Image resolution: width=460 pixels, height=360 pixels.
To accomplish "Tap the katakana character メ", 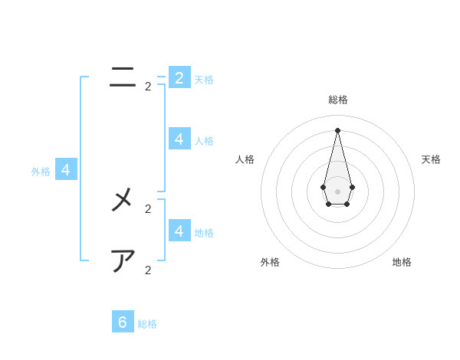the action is pyautogui.click(x=123, y=200).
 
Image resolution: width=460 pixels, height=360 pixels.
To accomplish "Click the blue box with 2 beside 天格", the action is pyautogui.click(x=179, y=77).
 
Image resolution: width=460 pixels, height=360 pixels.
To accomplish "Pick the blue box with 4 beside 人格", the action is pyautogui.click(x=179, y=139).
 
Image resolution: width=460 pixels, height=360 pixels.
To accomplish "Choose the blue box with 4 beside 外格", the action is pyautogui.click(x=66, y=170).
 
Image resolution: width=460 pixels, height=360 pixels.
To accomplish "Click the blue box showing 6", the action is pyautogui.click(x=123, y=322).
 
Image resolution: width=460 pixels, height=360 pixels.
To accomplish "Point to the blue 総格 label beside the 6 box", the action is pyautogui.click(x=147, y=324).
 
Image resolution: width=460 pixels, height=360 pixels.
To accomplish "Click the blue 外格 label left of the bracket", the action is pyautogui.click(x=41, y=172).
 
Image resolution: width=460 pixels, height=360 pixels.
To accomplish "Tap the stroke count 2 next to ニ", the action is pyautogui.click(x=148, y=87).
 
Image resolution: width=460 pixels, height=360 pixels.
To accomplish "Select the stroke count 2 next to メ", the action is pyautogui.click(x=148, y=208).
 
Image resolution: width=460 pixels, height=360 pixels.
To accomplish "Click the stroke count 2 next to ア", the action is pyautogui.click(x=148, y=270).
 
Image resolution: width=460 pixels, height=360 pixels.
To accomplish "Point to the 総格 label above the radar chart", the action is pyautogui.click(x=338, y=100).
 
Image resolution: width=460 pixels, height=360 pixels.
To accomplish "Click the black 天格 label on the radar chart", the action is pyautogui.click(x=431, y=159).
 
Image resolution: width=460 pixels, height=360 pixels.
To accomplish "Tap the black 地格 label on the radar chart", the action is pyautogui.click(x=402, y=262).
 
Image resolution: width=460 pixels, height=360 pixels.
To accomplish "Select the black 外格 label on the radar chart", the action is pyautogui.click(x=270, y=262).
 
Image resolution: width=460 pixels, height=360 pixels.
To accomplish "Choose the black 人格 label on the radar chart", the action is pyautogui.click(x=245, y=159).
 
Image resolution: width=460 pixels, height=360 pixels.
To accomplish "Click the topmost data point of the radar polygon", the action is pyautogui.click(x=337, y=130).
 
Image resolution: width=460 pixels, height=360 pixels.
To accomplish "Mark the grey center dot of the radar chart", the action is pyautogui.click(x=337, y=191).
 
